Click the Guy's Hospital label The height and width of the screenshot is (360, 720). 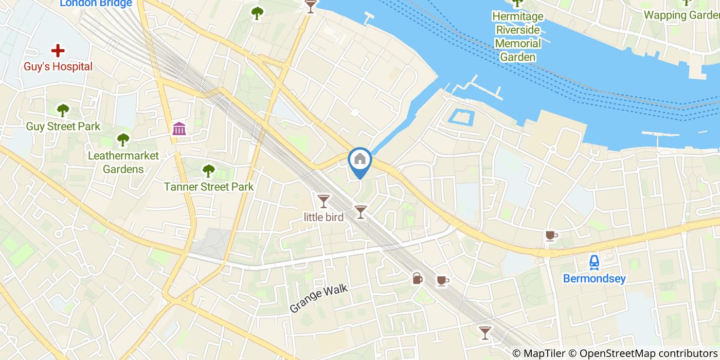pyautogui.click(x=58, y=67)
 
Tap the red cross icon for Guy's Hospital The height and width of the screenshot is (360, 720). pyautogui.click(x=58, y=50)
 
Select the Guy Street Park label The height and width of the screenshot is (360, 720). pyautogui.click(x=63, y=127)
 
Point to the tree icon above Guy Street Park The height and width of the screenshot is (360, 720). pyautogui.click(x=63, y=110)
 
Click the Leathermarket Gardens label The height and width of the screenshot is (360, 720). pyautogui.click(x=123, y=162)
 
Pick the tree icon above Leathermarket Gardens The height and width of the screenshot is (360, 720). pyautogui.click(x=123, y=139)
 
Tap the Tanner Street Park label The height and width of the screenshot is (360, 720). pyautogui.click(x=208, y=187)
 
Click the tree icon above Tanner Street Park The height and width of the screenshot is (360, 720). pyautogui.click(x=208, y=170)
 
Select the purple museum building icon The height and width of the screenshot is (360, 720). pyautogui.click(x=179, y=129)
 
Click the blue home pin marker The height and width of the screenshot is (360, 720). pyautogui.click(x=360, y=160)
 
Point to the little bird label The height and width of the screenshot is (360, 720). pyautogui.click(x=323, y=217)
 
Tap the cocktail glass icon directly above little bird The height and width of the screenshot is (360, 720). pyautogui.click(x=323, y=201)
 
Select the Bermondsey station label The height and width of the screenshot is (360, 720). pyautogui.click(x=595, y=279)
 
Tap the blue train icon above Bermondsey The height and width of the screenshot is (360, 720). pyautogui.click(x=595, y=262)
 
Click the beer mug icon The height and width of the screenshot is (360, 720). pyautogui.click(x=417, y=279)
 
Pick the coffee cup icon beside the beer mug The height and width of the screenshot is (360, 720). pyautogui.click(x=442, y=280)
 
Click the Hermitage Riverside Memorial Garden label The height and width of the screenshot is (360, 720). pyautogui.click(x=517, y=37)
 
